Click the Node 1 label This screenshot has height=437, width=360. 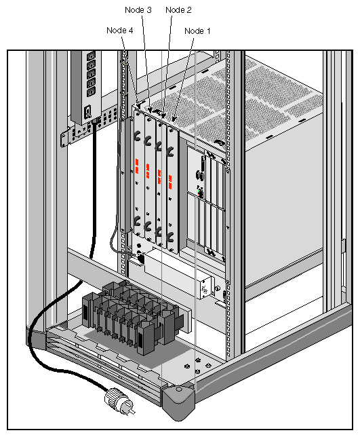tap(198, 31)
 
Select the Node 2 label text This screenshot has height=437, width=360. tap(178, 10)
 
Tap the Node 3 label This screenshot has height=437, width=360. tap(138, 10)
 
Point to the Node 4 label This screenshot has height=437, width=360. tap(120, 30)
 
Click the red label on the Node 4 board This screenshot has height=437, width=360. tap(137, 166)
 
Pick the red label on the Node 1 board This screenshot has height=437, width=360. tap(169, 179)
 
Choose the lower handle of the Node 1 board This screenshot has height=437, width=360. tap(170, 238)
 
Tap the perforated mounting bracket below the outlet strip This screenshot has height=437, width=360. tap(81, 132)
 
